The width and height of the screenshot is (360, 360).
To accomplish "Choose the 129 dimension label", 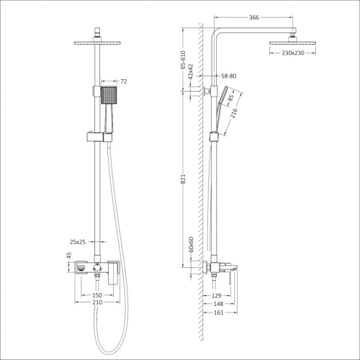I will point(215,295).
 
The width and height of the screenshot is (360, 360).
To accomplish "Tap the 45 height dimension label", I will point(69,256).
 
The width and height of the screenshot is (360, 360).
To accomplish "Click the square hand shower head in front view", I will point(107,94).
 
